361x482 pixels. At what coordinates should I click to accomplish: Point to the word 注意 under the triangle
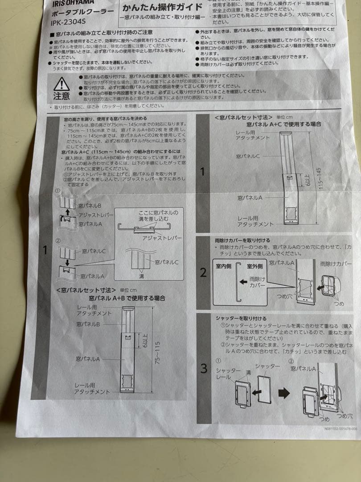coord(62,96)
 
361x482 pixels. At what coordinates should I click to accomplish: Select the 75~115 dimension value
coord(157,352)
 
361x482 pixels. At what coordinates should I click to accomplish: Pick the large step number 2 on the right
coord(203,273)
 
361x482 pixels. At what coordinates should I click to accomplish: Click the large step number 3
coord(204,368)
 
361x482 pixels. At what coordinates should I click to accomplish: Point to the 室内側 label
coord(225,266)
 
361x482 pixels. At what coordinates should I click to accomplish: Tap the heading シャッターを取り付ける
coord(241,318)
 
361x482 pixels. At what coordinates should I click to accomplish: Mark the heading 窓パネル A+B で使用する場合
coord(127,298)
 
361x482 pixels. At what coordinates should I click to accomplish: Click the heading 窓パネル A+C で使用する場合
coord(283,124)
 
